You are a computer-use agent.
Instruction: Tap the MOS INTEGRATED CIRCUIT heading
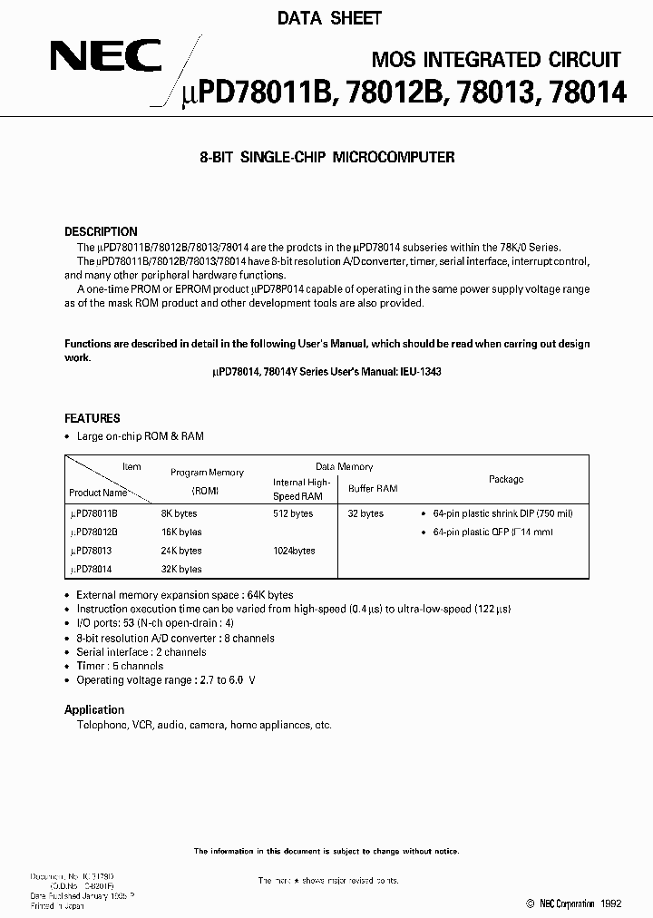point(497,60)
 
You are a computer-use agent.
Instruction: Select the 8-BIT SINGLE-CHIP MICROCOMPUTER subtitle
point(326,157)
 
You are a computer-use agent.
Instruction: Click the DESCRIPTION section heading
point(101,231)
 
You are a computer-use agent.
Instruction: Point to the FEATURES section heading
point(92,418)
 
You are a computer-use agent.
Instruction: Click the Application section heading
point(94,709)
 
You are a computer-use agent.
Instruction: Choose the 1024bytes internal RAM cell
point(295,551)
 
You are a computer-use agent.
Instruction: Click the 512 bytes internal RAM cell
point(293,513)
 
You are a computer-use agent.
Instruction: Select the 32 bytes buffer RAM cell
point(365,513)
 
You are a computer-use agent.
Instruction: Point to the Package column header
point(505,479)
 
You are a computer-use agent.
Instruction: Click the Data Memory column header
point(344,467)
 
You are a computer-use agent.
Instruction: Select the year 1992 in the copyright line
point(611,903)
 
